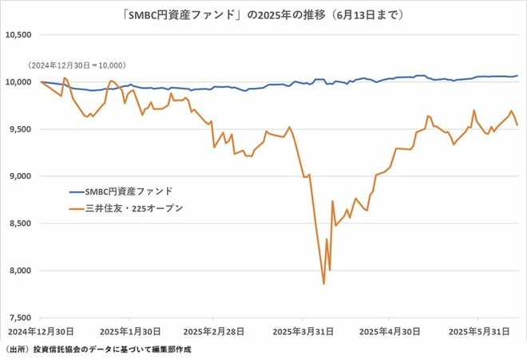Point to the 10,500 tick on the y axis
click(x=19, y=35)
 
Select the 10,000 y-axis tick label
click(x=19, y=81)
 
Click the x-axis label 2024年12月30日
click(x=39, y=330)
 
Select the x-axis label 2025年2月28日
click(x=214, y=330)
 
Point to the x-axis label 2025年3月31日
click(x=303, y=330)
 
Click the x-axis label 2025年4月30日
click(x=389, y=330)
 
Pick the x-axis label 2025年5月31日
click(x=477, y=330)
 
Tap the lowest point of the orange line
click(x=323, y=283)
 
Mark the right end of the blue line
click(x=517, y=76)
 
